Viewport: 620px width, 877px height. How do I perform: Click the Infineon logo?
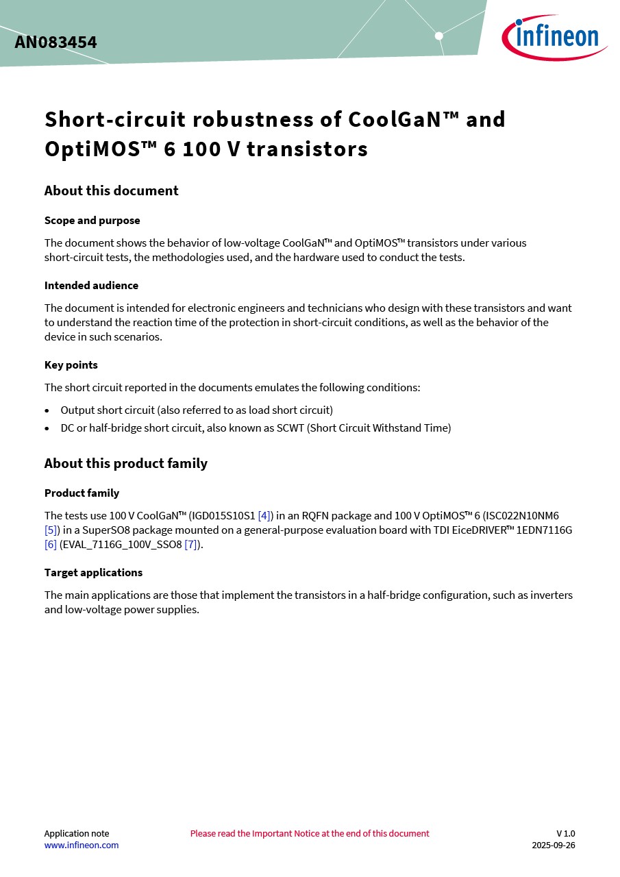point(554,37)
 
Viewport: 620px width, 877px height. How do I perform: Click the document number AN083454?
point(55,42)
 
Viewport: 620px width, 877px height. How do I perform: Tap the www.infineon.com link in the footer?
point(81,845)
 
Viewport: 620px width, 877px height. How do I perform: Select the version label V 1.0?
point(565,833)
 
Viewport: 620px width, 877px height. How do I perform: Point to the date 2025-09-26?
point(553,845)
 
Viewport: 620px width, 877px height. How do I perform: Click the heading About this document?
point(111,190)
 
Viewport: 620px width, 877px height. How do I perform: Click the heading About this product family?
point(125,463)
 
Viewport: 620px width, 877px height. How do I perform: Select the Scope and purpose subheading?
point(92,221)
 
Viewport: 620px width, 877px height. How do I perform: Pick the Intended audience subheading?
point(91,285)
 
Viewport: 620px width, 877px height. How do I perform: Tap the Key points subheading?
point(71,365)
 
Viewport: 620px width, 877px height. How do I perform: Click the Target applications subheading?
point(93,572)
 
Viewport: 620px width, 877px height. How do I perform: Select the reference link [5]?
point(52,530)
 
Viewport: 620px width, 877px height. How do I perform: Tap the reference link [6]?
point(50,544)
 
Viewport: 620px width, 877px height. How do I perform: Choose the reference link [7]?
point(191,544)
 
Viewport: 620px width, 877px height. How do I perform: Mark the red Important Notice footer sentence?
point(310,833)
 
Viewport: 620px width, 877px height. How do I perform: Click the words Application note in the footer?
point(76,833)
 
